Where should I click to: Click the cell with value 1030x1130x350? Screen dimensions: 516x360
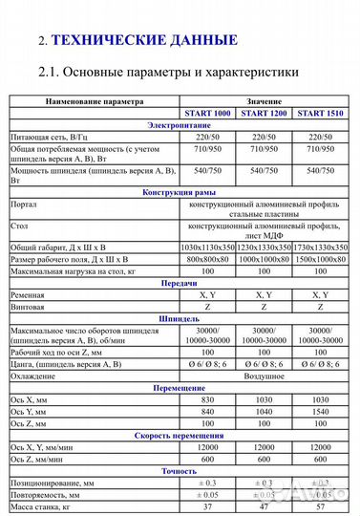[212, 247]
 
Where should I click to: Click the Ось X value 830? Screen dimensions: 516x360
[212, 399]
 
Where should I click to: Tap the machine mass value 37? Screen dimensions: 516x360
[212, 506]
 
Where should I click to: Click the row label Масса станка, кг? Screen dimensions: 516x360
[44, 506]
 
